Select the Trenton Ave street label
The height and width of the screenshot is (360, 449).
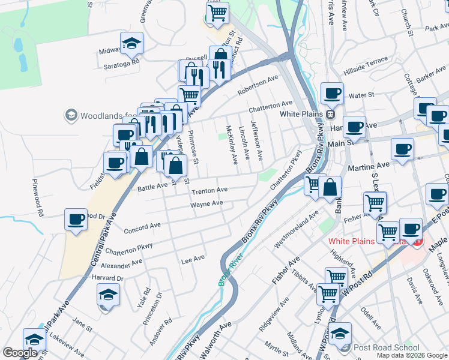point(209,190)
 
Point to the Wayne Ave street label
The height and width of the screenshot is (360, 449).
point(206,204)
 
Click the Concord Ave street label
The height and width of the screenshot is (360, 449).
point(142,228)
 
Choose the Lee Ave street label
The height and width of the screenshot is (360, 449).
point(193,258)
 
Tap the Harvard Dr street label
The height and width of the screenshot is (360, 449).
point(107,278)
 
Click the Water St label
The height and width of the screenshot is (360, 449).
point(361,95)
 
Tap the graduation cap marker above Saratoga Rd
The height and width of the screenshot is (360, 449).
point(131,44)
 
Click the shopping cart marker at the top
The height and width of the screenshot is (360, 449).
point(218,11)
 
